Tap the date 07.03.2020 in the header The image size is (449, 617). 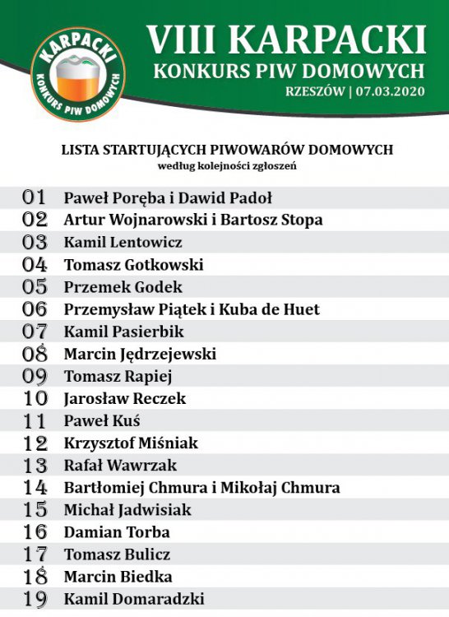(x=390, y=91)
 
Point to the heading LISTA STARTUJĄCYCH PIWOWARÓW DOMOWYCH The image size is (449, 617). (x=227, y=150)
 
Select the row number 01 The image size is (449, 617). (x=35, y=197)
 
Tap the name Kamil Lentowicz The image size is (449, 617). (x=123, y=243)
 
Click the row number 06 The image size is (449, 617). (x=35, y=309)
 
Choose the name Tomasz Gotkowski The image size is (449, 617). (x=134, y=265)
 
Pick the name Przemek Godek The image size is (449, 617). (x=123, y=287)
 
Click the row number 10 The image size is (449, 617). (x=35, y=399)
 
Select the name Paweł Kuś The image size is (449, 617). (x=103, y=421)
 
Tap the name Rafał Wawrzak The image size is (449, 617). (x=121, y=466)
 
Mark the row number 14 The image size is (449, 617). (x=35, y=488)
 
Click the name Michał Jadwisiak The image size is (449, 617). (x=127, y=510)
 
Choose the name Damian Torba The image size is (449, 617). (x=118, y=532)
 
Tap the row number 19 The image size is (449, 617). (x=35, y=599)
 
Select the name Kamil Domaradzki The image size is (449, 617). (x=134, y=599)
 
